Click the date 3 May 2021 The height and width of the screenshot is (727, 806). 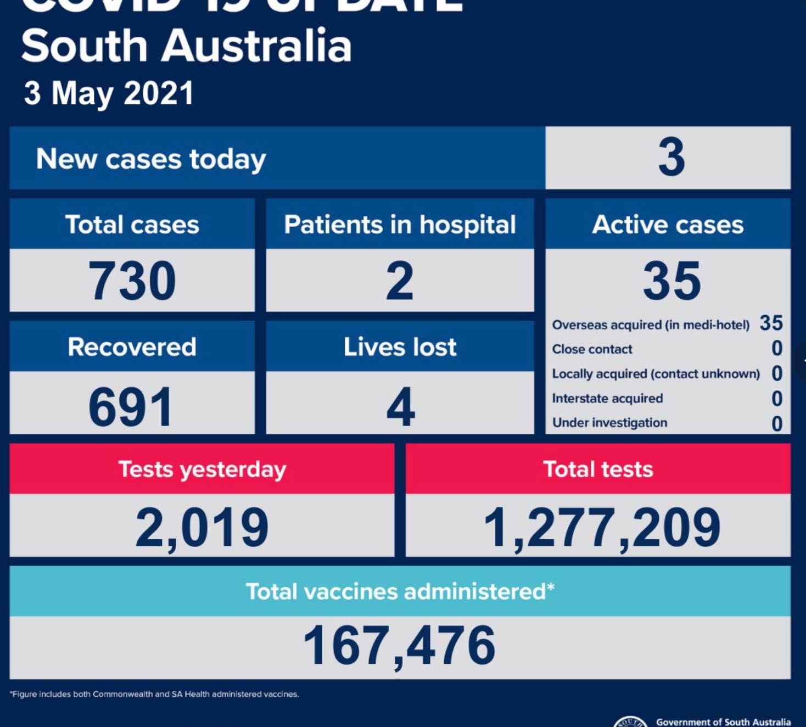pos(109,93)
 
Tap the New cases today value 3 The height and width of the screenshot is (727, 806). pos(671,158)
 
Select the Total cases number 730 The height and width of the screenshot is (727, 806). pos(132,281)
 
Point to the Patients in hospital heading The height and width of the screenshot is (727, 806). pos(400,225)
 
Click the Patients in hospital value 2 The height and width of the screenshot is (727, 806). pos(399,281)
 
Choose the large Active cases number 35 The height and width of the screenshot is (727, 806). pos(671,281)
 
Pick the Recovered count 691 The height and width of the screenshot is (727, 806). pos(131,407)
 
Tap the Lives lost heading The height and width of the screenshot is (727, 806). pos(400,347)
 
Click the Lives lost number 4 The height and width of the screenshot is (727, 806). pos(400,407)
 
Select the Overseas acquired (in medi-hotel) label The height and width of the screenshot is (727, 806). pos(650,325)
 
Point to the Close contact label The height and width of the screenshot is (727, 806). pos(592,349)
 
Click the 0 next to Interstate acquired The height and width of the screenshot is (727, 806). pos(776,398)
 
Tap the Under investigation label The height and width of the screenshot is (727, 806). pos(609,423)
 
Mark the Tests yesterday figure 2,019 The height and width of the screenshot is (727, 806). pos(202,527)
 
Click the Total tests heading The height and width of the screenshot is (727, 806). pos(598,469)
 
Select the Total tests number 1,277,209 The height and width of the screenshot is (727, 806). pos(602,527)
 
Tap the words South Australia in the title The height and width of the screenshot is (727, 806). pos(186,46)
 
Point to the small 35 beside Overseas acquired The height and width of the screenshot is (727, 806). pos(771,323)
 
